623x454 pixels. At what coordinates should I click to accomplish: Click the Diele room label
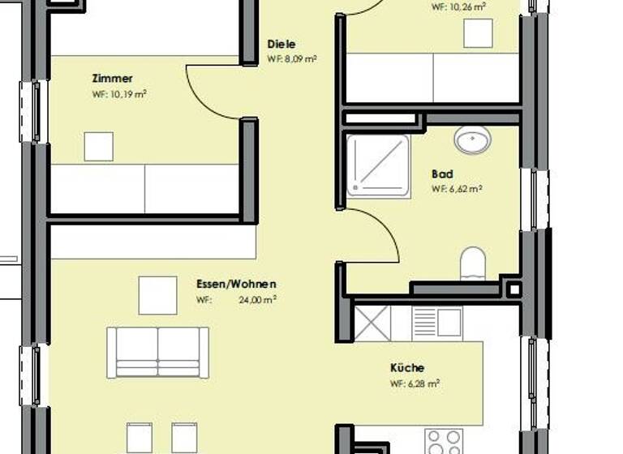(x=281, y=45)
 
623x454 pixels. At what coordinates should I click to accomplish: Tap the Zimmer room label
(x=112, y=79)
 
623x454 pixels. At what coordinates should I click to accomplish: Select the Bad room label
(x=442, y=174)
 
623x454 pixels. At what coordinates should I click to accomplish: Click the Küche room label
(x=407, y=368)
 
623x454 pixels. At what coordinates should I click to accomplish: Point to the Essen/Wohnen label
(x=236, y=285)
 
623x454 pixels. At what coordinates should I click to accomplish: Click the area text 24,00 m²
(x=257, y=299)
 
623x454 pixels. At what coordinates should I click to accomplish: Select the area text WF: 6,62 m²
(x=457, y=189)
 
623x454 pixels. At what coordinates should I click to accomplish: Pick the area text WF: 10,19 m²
(x=119, y=94)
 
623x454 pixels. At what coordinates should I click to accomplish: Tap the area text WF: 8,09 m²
(x=291, y=59)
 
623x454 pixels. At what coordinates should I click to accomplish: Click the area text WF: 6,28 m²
(x=415, y=383)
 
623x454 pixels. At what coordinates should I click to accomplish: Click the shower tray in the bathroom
(x=379, y=166)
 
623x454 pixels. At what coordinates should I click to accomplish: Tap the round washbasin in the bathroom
(x=472, y=140)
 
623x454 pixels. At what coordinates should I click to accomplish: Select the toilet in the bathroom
(x=472, y=263)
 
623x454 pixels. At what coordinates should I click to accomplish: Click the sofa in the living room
(x=158, y=352)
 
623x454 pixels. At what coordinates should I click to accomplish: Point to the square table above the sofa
(x=157, y=295)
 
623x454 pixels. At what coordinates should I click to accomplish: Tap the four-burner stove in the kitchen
(x=444, y=443)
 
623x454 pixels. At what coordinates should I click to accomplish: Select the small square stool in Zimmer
(x=99, y=147)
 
